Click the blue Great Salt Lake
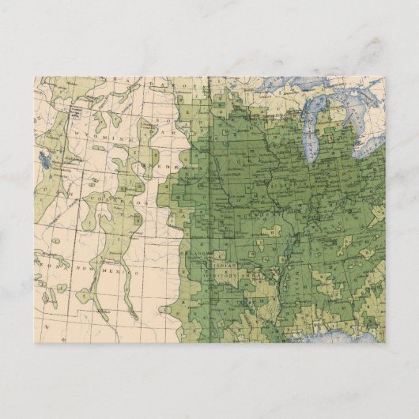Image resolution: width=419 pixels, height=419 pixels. click(x=44, y=160)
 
